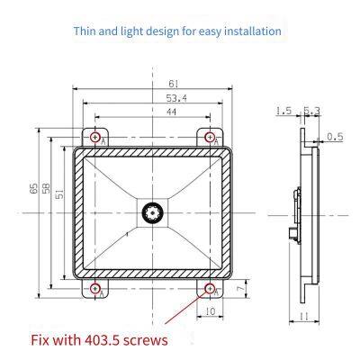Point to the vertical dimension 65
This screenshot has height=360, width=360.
[x=33, y=189]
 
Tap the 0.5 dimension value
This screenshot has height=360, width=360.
[x=335, y=137]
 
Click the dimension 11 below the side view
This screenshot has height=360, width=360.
[x=305, y=317]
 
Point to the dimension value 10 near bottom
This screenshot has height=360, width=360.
[x=210, y=310]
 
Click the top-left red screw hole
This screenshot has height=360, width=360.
[x=96, y=137]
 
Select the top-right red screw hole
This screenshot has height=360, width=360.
[x=210, y=137]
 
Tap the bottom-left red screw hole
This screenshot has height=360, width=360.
[x=96, y=289]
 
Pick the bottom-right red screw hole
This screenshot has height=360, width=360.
[x=210, y=289]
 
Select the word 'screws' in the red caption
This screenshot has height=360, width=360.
[x=138, y=340]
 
